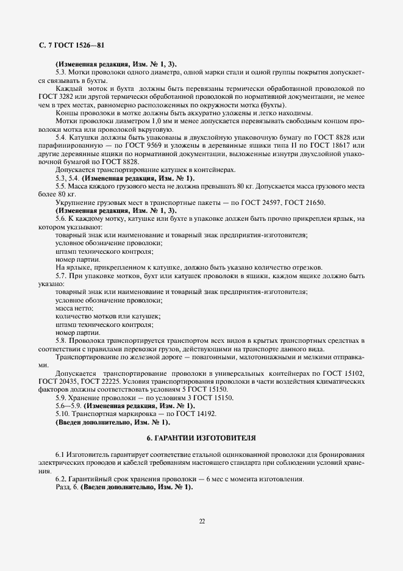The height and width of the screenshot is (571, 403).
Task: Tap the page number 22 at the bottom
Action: tap(201, 521)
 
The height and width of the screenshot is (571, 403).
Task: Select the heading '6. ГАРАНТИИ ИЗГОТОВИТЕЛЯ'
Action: tap(201, 439)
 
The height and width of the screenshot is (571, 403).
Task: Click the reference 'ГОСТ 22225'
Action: tap(102, 380)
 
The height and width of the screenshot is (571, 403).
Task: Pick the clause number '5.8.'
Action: tap(61, 340)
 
